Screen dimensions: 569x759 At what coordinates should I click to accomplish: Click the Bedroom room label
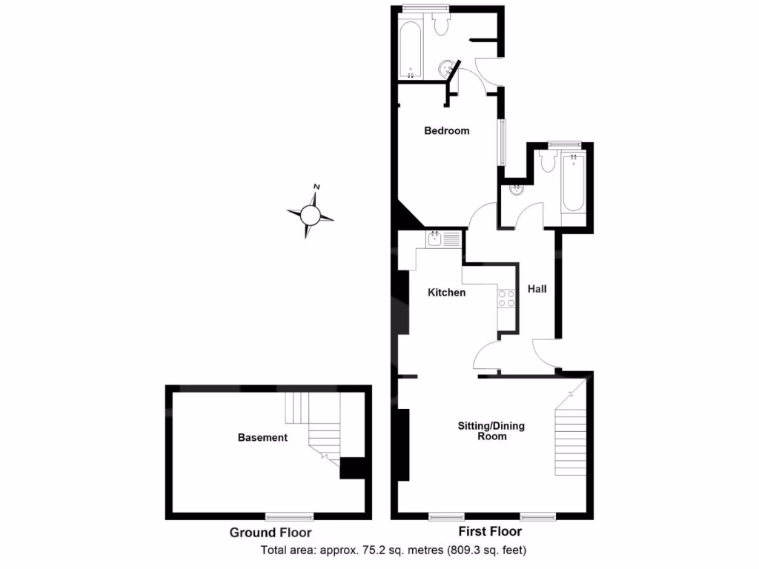pyautogui.click(x=446, y=131)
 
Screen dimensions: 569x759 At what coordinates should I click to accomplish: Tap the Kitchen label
pyautogui.click(x=447, y=293)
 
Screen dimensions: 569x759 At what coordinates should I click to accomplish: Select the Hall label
pyautogui.click(x=537, y=289)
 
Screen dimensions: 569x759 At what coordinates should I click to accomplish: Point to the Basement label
pyautogui.click(x=262, y=438)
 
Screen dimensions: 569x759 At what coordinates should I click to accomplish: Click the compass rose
pyautogui.click(x=311, y=216)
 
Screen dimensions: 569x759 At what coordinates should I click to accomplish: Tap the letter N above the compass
pyautogui.click(x=316, y=187)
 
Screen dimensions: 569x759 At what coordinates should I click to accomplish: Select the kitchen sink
pyautogui.click(x=434, y=239)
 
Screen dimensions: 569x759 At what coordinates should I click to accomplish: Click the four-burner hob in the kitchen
pyautogui.click(x=506, y=298)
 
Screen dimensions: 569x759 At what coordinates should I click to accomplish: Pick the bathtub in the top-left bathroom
pyautogui.click(x=411, y=51)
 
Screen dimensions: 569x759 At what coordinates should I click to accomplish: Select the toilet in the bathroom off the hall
pyautogui.click(x=548, y=162)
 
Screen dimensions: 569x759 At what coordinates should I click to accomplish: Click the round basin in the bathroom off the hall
pyautogui.click(x=516, y=190)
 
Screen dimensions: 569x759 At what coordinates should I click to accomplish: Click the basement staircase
pyautogui.click(x=320, y=430)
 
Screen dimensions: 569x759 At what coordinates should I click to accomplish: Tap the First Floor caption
pyautogui.click(x=491, y=532)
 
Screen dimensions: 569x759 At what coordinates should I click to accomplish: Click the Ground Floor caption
pyautogui.click(x=270, y=533)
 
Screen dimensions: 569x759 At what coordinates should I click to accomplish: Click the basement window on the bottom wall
pyautogui.click(x=289, y=515)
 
